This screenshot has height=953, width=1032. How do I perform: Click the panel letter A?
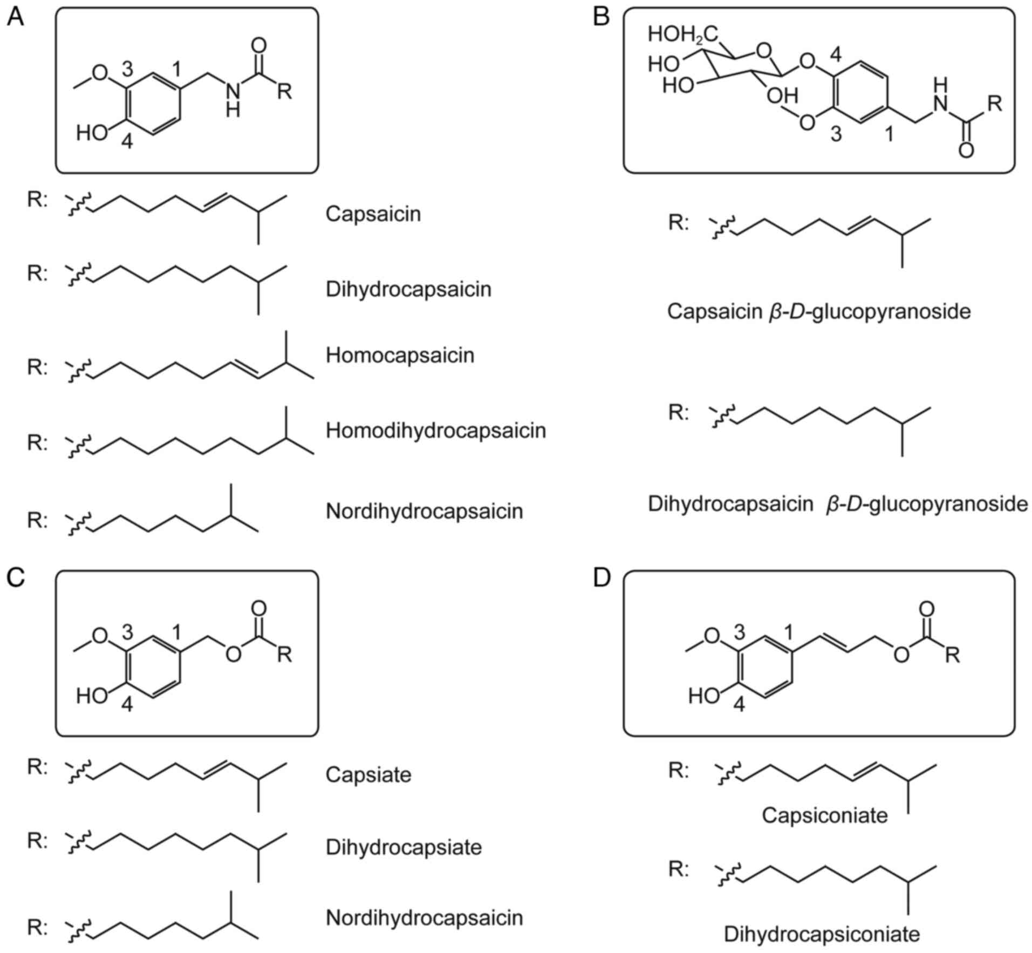[x=15, y=17]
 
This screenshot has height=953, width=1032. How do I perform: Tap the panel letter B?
[x=601, y=17]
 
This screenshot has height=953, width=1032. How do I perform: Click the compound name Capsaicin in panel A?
[x=373, y=214]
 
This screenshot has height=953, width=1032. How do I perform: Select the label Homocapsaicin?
[x=400, y=356]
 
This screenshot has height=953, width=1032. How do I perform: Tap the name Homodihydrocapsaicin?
[x=436, y=431]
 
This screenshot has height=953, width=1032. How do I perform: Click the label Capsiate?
[x=368, y=775]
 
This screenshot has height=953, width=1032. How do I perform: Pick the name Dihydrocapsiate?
[x=404, y=847]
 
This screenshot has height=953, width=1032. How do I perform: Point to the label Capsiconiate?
[x=824, y=815]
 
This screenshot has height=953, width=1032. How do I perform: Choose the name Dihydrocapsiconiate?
[x=822, y=934]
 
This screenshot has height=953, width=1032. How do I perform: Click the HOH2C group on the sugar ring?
[x=683, y=35]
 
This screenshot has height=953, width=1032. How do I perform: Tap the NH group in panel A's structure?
[x=233, y=100]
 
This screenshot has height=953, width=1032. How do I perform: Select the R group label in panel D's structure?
[x=953, y=655]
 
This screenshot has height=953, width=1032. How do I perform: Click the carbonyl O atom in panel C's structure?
[x=259, y=608]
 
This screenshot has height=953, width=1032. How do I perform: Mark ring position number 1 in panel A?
[x=176, y=69]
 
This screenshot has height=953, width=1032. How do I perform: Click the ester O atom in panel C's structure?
[x=233, y=655]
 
